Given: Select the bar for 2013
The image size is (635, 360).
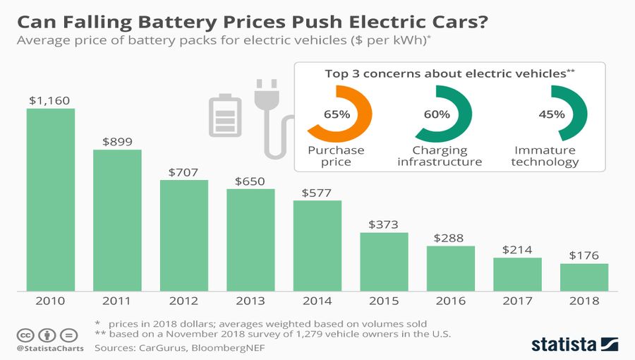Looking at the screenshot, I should click(x=250, y=239).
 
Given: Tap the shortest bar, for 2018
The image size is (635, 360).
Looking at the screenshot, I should click(x=584, y=276).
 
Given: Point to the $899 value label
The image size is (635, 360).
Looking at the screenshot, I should click(x=117, y=141).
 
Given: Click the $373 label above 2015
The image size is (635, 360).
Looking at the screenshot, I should click(x=384, y=224).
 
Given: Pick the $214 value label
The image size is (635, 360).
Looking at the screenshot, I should click(x=517, y=250).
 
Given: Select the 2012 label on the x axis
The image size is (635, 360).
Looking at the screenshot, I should click(x=183, y=301).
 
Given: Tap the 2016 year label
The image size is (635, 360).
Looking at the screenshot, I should click(x=451, y=301).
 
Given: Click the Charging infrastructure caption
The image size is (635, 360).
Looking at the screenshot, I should click(x=440, y=156).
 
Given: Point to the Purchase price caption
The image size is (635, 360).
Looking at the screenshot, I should click(x=336, y=156).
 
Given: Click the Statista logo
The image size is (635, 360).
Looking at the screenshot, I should click(x=575, y=344).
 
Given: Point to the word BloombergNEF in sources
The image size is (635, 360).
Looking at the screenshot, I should click(x=218, y=347).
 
